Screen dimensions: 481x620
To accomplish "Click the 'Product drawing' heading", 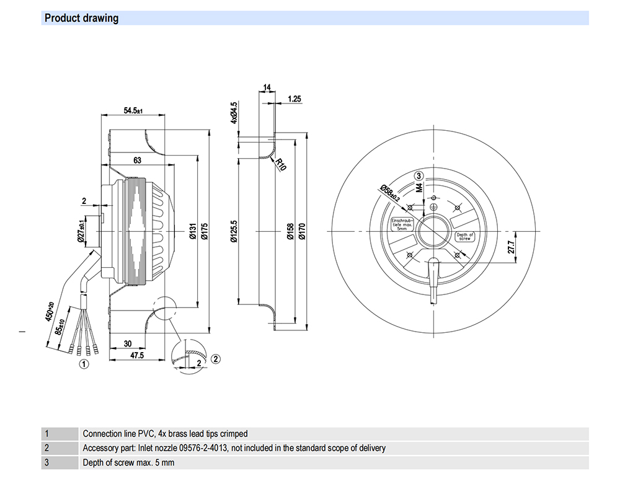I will [x=81, y=18].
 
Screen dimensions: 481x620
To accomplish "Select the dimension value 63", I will [x=137, y=161].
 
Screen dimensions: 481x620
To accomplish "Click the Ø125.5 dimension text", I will [x=234, y=231].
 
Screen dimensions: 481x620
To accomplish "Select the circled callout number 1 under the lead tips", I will [x=82, y=364].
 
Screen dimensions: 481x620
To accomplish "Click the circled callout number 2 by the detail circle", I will [x=215, y=358].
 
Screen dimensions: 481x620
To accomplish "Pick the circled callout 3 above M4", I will [x=419, y=175].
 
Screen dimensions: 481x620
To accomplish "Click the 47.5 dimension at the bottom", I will [x=137, y=356].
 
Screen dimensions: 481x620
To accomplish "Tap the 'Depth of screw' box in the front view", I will [x=465, y=236].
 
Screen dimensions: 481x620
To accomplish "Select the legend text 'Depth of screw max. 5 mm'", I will [x=128, y=462].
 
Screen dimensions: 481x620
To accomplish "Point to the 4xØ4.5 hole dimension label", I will [x=234, y=112].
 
